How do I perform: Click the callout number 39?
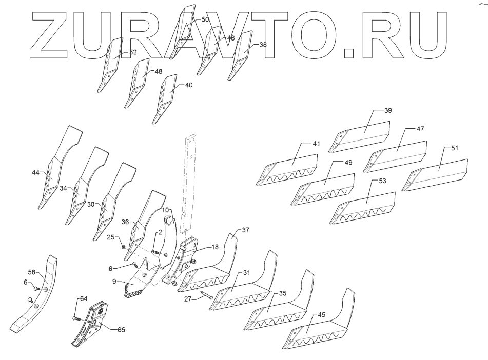tap(387, 111)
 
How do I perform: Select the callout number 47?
tap(420, 129)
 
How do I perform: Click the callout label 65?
tap(121, 330)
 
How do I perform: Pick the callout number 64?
tap(83, 298)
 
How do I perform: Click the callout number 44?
tap(35, 172)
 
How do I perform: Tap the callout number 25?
tap(110, 237)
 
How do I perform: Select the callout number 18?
tap(215, 247)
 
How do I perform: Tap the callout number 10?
tap(166, 210)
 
